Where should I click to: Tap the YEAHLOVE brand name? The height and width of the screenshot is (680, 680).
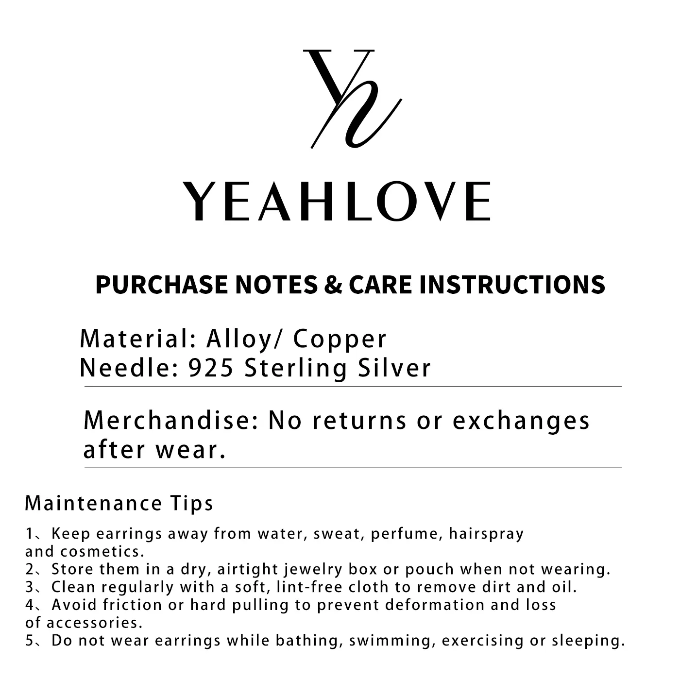(x=337, y=202)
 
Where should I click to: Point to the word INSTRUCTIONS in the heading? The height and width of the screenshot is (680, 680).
(x=512, y=285)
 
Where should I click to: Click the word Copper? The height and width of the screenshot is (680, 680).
(x=340, y=339)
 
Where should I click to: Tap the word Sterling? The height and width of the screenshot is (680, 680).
(x=296, y=369)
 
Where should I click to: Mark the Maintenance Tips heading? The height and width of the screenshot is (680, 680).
(x=119, y=503)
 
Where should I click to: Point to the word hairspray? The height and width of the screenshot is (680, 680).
(x=487, y=534)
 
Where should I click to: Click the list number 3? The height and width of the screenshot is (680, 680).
(x=29, y=587)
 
